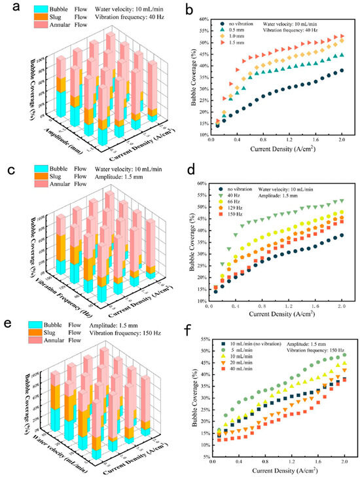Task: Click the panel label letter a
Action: (8, 7)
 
